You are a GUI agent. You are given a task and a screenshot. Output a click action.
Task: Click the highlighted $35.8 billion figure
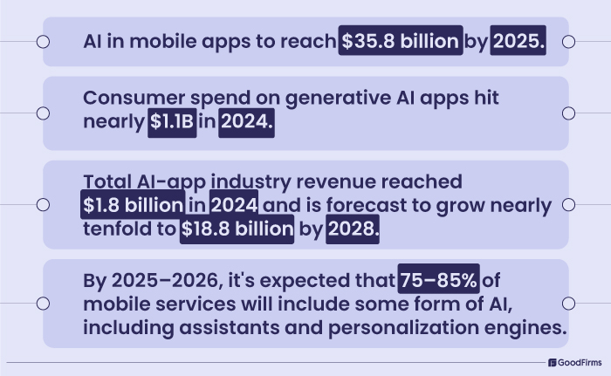click(400, 40)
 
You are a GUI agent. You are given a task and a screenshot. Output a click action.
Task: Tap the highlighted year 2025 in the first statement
click(518, 40)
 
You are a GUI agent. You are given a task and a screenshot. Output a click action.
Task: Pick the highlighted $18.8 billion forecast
click(237, 230)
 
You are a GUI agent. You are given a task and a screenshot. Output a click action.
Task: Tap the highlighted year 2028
click(353, 230)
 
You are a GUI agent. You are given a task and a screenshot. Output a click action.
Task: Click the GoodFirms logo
click(576, 362)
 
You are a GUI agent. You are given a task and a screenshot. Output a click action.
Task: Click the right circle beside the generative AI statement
click(568, 113)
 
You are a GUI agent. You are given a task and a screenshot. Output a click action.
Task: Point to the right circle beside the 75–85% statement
click(568, 303)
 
